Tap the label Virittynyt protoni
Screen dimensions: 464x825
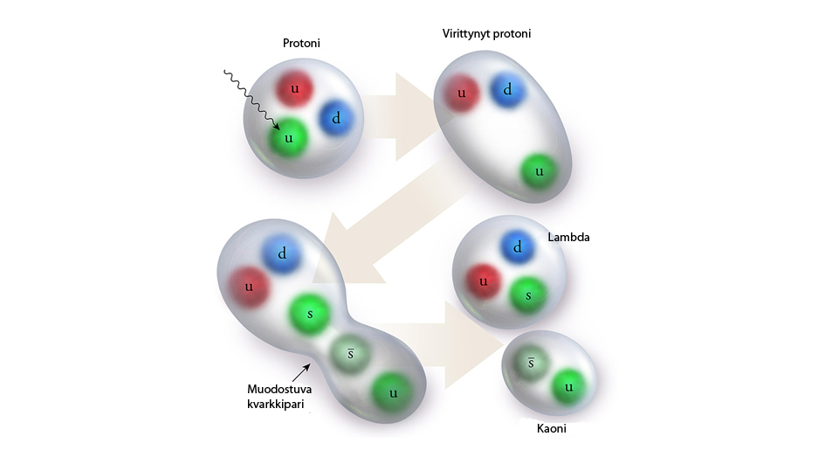point(487,34)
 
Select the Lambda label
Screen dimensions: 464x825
point(570,238)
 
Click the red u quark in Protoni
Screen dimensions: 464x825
point(295,90)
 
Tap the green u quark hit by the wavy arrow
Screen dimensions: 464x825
point(288,138)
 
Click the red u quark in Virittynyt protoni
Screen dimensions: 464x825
point(463,93)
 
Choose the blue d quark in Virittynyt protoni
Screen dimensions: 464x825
point(507,89)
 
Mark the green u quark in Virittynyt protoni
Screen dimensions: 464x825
point(540,171)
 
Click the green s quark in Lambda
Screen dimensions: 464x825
point(527,295)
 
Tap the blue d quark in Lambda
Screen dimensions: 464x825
point(518,248)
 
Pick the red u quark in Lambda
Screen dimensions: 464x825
point(482,283)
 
